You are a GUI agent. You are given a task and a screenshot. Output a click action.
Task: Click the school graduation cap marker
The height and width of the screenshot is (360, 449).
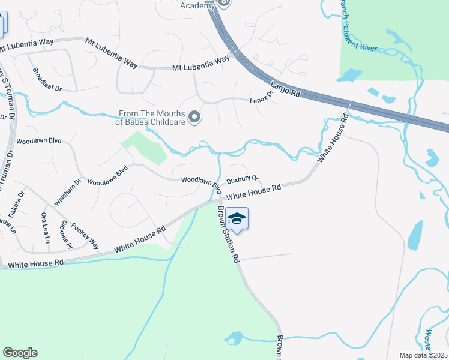237,220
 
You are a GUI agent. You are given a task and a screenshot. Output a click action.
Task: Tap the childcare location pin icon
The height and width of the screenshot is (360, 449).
194,117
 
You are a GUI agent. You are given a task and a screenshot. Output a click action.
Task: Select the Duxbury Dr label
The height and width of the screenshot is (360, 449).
242,179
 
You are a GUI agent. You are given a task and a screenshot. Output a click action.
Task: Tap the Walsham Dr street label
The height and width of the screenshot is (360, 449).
67,193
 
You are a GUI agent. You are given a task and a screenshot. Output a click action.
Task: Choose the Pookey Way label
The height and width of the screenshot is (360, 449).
85,235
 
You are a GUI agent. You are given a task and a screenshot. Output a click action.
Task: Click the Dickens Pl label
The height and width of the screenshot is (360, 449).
66,235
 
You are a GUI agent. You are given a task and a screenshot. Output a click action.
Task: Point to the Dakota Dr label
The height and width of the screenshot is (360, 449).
22,202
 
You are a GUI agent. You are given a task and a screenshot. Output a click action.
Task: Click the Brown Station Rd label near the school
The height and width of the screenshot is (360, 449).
229,235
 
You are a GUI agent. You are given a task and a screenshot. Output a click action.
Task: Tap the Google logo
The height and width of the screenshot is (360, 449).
20,352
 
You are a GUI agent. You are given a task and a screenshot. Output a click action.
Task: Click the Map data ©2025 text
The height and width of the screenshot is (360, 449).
423,355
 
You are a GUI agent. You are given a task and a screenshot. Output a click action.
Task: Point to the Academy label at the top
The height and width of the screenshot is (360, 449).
197,5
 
